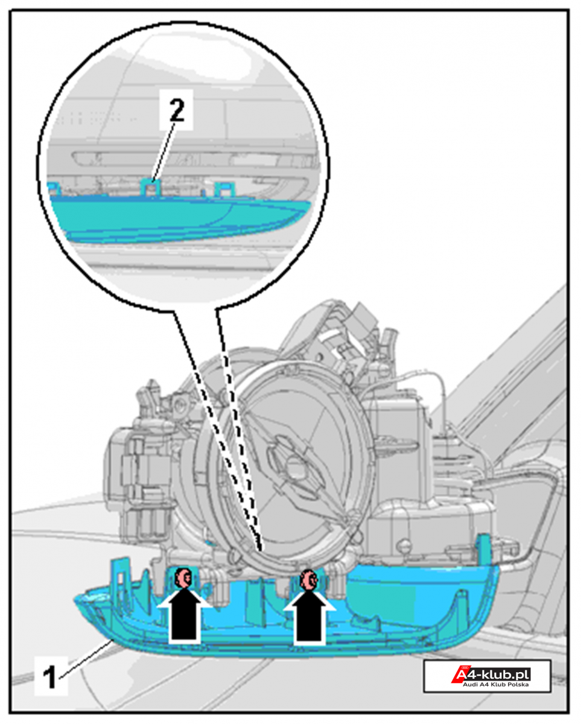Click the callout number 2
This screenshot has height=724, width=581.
coord(177,110)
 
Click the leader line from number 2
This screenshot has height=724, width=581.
coord(164,151)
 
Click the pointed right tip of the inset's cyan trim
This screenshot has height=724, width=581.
coord(309,203)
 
